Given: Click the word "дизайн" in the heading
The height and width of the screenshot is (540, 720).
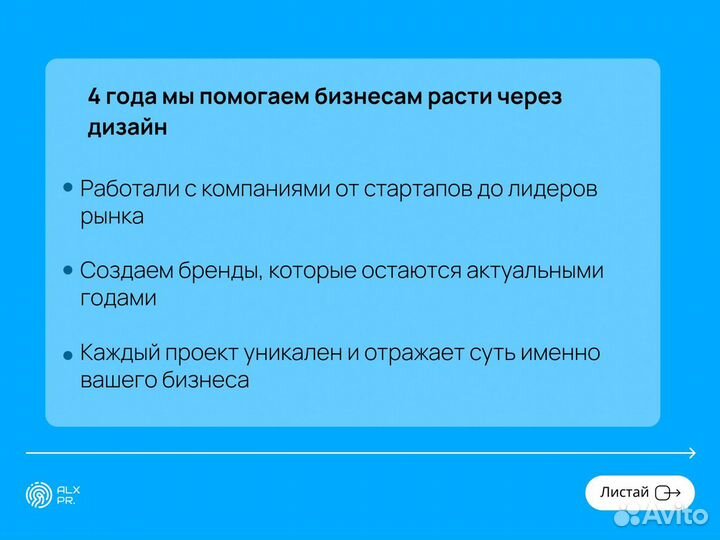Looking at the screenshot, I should pos(127,129).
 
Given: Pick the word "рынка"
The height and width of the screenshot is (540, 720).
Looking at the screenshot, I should pos(112,216).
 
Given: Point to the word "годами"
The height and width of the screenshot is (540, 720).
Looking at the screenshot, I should pos(118,299).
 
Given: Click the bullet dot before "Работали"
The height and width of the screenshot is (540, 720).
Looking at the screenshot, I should pos(68,187).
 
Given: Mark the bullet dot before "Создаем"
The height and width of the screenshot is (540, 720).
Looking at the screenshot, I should pos(68,270).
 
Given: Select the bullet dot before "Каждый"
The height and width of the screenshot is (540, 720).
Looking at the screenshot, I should pos(68,355).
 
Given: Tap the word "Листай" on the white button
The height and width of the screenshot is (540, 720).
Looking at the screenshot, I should pos(623,492).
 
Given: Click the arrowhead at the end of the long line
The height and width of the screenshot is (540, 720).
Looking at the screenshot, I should pos(691,454).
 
